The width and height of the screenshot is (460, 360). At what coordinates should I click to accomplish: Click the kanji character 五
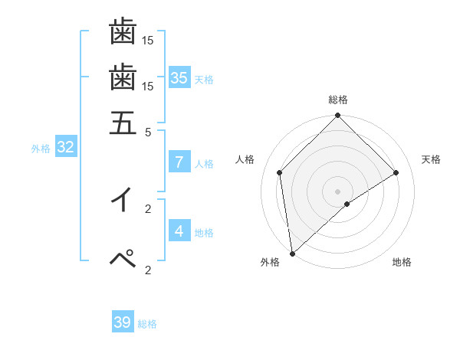tap(123, 122)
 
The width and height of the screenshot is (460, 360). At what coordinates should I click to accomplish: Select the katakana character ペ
tap(123, 260)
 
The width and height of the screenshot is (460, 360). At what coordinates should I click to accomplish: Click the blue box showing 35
tap(179, 77)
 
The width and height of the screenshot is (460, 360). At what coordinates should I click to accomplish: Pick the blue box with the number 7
tap(179, 162)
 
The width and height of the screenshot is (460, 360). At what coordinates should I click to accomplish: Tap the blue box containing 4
tap(179, 231)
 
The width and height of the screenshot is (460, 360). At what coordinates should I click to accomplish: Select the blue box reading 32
tap(65, 147)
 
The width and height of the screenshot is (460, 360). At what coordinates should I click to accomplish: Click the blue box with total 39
tap(123, 322)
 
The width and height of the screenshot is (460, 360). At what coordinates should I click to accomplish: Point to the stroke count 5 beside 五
tap(149, 132)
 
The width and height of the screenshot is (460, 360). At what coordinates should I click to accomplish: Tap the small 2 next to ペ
tap(149, 270)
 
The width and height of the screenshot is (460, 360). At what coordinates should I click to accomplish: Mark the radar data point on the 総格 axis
tap(337, 116)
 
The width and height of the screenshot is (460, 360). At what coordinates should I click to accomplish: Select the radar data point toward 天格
tap(396, 172)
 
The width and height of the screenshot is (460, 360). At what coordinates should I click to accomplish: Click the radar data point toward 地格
tap(347, 204)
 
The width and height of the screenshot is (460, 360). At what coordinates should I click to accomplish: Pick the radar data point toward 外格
tap(292, 254)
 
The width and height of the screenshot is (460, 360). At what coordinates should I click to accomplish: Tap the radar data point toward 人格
tap(280, 172)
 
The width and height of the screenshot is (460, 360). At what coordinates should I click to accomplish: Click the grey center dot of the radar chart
tap(337, 191)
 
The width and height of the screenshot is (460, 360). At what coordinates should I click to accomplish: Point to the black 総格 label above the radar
tap(337, 100)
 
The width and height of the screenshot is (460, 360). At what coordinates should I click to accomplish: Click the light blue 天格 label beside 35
tap(204, 80)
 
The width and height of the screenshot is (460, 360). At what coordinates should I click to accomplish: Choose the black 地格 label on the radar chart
tap(402, 263)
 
